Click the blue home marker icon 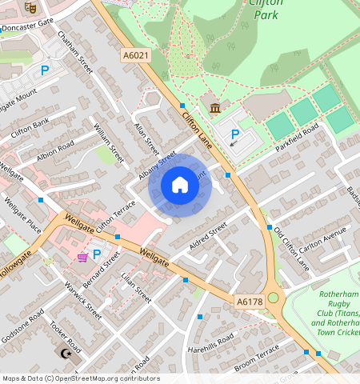[x=180, y=186]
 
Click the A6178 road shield [x=250, y=301]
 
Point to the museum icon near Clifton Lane [x=214, y=108]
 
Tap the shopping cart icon [x=82, y=256]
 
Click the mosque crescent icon [x=66, y=353]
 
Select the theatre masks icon [x=31, y=7]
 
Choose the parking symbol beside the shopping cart [x=98, y=254]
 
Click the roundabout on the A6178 [x=274, y=298]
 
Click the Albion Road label [x=54, y=150]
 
